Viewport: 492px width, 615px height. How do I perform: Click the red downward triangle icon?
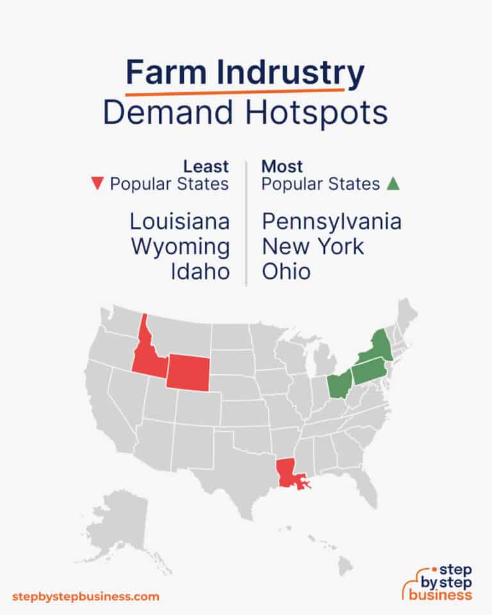click(97, 184)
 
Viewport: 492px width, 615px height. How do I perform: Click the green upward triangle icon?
click(393, 184)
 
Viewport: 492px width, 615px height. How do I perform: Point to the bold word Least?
click(206, 167)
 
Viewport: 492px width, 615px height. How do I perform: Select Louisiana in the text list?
click(179, 222)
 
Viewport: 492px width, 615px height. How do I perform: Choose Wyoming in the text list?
click(180, 247)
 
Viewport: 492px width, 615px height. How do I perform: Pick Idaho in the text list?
click(200, 271)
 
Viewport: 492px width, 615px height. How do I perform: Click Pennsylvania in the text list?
click(332, 222)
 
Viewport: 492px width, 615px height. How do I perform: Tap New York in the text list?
click(313, 247)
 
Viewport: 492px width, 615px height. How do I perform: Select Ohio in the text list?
click(286, 271)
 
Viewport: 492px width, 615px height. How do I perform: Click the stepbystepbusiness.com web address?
click(85, 596)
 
